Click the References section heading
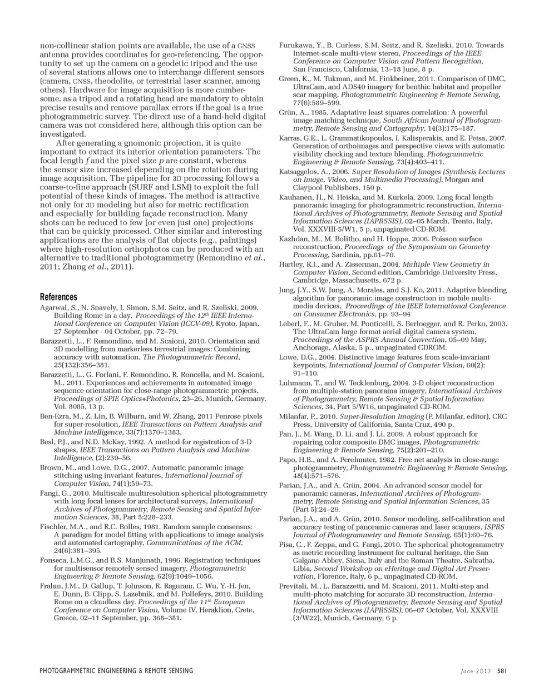pos(58,297)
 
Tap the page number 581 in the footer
pos(501,670)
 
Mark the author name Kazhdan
pos(294,238)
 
